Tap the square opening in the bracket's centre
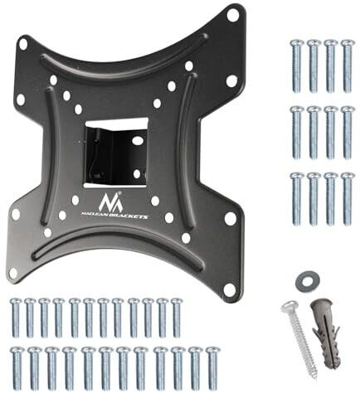[116, 152]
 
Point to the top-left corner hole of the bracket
[24, 43]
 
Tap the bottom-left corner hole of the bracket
[13, 271]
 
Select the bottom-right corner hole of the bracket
[227, 288]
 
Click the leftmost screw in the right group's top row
[297, 63]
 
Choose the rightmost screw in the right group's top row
[348, 63]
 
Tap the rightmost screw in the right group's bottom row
[348, 196]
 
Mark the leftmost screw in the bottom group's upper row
[14, 317]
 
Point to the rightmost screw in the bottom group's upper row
[177, 317]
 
